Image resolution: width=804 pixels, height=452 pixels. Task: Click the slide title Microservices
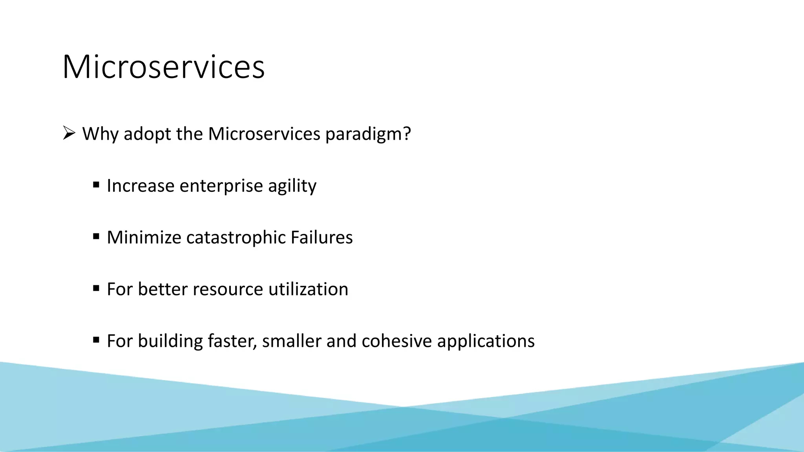tap(163, 67)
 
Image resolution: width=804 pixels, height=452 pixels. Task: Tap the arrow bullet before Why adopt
tap(69, 133)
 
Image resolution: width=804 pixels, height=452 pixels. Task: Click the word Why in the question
tap(100, 134)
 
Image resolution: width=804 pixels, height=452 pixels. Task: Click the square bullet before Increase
tap(96, 184)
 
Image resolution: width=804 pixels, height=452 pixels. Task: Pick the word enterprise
tap(221, 186)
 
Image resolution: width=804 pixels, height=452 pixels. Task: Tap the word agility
tap(292, 186)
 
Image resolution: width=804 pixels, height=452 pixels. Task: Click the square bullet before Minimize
tap(96, 236)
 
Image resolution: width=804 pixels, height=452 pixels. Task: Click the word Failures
tap(322, 238)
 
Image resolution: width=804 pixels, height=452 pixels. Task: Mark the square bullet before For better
tap(96, 288)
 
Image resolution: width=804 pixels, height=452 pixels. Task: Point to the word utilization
tap(308, 290)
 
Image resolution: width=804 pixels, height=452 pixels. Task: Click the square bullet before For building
tap(96, 340)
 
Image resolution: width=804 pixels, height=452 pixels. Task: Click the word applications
tap(486, 341)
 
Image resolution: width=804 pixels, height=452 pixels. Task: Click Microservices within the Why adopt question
tap(264, 134)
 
